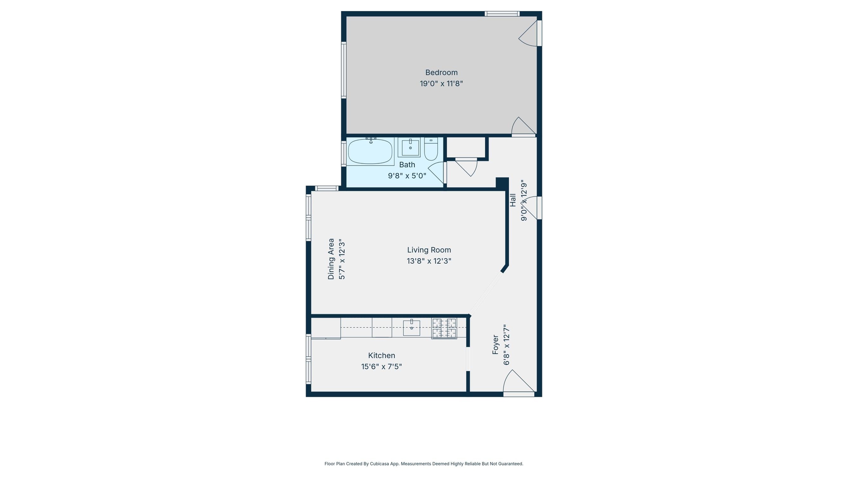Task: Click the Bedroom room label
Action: coord(441,72)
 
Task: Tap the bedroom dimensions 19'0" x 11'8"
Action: coord(441,83)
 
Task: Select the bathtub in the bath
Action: coord(370,151)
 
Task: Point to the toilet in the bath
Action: coord(431,149)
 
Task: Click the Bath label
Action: coord(407,165)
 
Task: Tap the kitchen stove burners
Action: coord(444,328)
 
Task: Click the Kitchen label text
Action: coord(382,356)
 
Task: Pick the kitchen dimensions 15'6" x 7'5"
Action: coord(382,367)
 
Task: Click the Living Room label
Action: coord(429,250)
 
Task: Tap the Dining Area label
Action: coord(331,259)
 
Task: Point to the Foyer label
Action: coord(496,344)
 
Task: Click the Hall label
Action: coord(513,200)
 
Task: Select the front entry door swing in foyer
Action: coord(518,382)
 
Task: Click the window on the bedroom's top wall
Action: coord(502,14)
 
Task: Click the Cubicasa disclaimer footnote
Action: coord(424,464)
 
